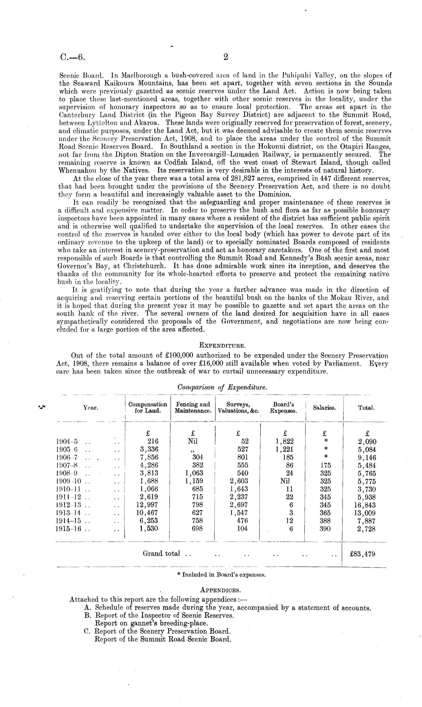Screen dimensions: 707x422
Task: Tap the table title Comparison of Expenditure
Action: (222, 387)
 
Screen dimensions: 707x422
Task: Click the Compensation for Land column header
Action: (148, 407)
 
